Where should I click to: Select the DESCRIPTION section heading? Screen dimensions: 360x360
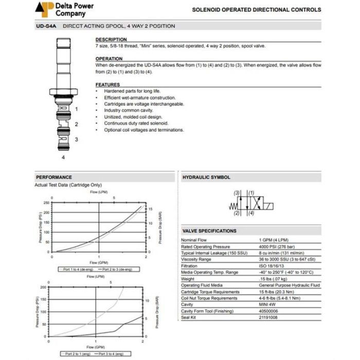111,40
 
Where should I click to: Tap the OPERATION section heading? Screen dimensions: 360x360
109,59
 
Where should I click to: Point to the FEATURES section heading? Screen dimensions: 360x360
107,84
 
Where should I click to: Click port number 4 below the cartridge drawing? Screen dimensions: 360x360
63,157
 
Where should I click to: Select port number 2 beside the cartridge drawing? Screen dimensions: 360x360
76,124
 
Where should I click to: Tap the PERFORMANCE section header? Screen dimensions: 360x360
54,177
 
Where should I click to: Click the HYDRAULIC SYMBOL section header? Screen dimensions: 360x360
206,177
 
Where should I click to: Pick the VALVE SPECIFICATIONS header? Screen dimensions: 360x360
209,231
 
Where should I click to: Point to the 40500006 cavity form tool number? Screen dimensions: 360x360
270,311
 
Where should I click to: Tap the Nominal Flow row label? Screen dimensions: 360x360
194,240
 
